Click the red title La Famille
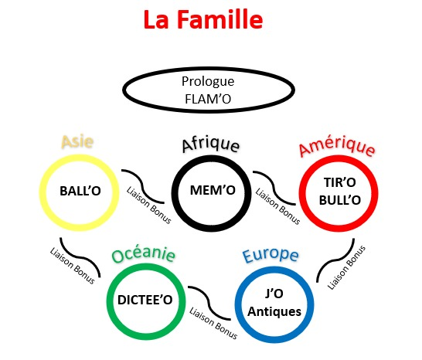pyautogui.click(x=203, y=19)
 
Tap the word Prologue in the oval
pyautogui.click(x=208, y=82)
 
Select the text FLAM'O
pyautogui.click(x=208, y=99)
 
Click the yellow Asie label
pyautogui.click(x=77, y=141)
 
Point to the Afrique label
pyautogui.click(x=211, y=144)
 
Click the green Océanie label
pyautogui.click(x=144, y=254)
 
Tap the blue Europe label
pyautogui.click(x=271, y=255)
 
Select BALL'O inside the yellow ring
pyautogui.click(x=80, y=191)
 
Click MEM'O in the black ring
pyautogui.click(x=213, y=190)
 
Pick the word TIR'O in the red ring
pyautogui.click(x=340, y=182)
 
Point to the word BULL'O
pyautogui.click(x=340, y=200)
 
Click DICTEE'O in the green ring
pyautogui.click(x=145, y=300)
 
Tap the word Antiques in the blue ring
pyautogui.click(x=274, y=311)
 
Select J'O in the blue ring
pyautogui.click(x=274, y=294)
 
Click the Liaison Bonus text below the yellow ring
pyautogui.click(x=72, y=266)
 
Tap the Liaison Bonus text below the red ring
pyautogui.click(x=346, y=267)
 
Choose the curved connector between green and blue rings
pyautogui.click(x=209, y=303)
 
